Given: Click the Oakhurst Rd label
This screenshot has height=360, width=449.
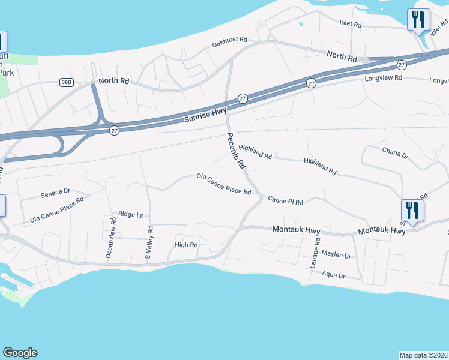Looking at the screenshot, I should click(230, 44).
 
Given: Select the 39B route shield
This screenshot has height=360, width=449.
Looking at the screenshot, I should click(67, 82).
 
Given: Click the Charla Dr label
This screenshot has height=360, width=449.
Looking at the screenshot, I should click(395, 154).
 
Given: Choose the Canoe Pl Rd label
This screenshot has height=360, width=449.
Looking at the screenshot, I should click(285, 200).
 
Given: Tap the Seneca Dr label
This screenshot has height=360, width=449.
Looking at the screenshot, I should click(55, 194).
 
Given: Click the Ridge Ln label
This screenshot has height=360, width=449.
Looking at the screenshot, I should click(131, 214).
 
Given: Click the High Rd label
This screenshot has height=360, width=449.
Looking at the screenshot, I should click(186, 245).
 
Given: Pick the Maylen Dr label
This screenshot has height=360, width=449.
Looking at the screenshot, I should click(336, 255).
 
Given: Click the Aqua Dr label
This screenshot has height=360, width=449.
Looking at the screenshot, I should click(333, 275).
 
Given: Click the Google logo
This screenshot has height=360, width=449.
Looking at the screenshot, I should click(20, 353).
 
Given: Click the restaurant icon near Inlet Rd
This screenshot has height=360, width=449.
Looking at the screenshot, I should click(418, 19).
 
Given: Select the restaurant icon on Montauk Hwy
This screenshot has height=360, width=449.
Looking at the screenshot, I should click(412, 210).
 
